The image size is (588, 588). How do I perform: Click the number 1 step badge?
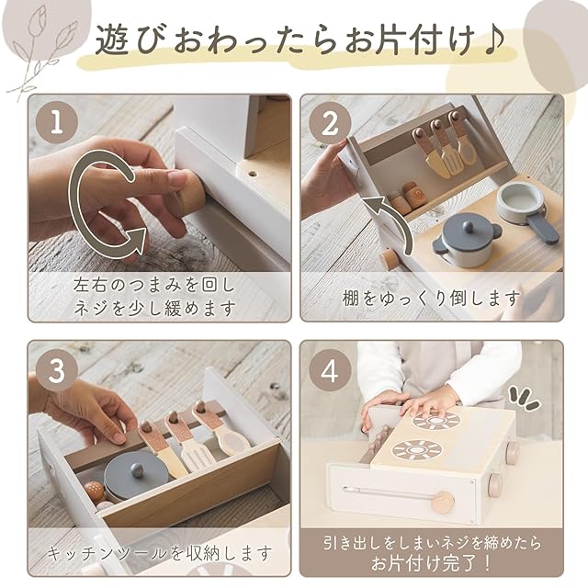click(57, 122)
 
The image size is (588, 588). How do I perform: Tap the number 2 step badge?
click(330, 123)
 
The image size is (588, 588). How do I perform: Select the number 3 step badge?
click(57, 370)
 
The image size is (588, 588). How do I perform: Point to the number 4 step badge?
click(330, 370)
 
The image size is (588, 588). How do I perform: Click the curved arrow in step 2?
click(390, 221)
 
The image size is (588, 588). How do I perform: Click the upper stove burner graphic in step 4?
click(436, 421)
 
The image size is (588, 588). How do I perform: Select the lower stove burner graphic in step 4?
click(416, 449)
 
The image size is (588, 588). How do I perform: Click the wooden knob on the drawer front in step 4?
click(443, 503)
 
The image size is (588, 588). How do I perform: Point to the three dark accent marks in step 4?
click(525, 399)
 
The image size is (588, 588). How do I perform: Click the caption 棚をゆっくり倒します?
click(432, 298)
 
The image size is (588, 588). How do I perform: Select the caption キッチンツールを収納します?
click(160, 553)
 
